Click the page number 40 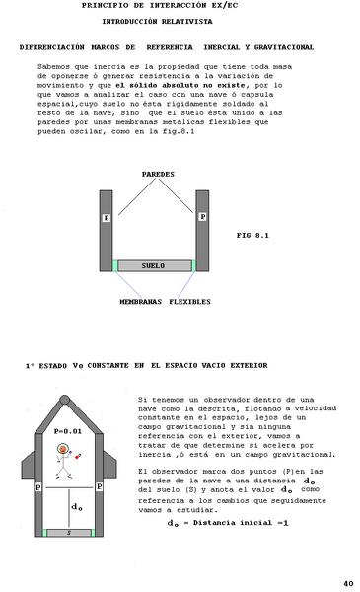(348, 583)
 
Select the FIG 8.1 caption (252, 235)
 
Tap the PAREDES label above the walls (158, 174)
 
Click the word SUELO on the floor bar (153, 265)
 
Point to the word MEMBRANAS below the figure (140, 302)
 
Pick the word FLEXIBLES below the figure (189, 302)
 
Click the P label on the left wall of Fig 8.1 (107, 218)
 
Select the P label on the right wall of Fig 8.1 (202, 217)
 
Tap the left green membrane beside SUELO (115, 265)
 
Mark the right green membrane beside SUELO (193, 265)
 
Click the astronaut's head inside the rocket (63, 449)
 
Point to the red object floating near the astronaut (78, 456)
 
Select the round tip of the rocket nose (64, 400)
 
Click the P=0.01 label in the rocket (68, 431)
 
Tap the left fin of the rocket (28, 464)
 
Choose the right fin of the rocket (109, 464)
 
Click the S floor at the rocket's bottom (69, 533)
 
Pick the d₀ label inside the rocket (77, 507)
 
